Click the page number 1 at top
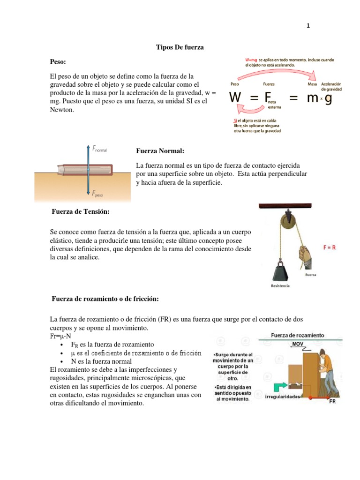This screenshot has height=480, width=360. [x=308, y=26]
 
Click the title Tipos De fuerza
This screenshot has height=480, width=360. [x=180, y=47]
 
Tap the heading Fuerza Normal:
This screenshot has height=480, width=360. [x=160, y=151]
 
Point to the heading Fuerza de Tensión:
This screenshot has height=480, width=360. [x=80, y=212]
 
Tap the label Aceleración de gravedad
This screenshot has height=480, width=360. [x=331, y=86]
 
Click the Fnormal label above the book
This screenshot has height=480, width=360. [x=99, y=150]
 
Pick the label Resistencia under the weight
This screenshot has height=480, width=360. [x=280, y=285]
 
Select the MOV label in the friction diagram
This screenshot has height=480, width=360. [x=298, y=344]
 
